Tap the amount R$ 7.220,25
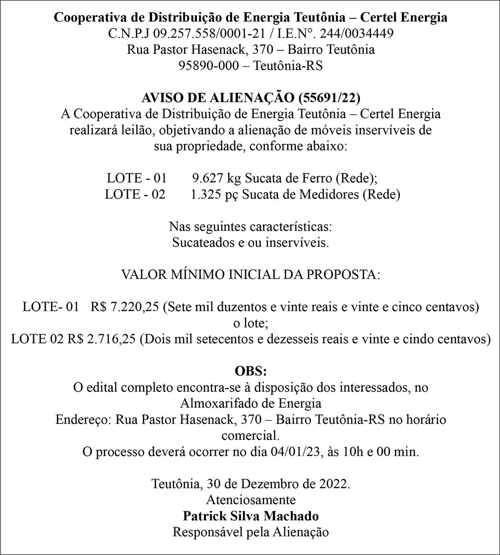point(125,307)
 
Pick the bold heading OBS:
point(251,372)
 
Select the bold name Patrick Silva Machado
point(251,516)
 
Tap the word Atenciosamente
point(251,500)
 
